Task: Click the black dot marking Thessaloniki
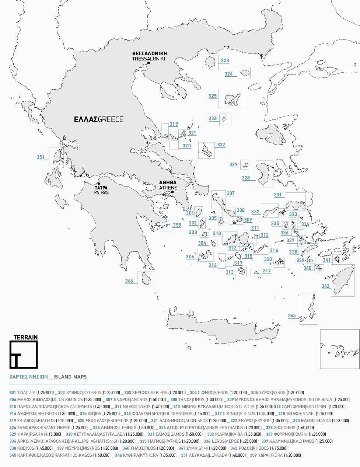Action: click(x=148, y=63)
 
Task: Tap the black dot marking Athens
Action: click(x=172, y=192)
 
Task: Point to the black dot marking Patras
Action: click(x=99, y=183)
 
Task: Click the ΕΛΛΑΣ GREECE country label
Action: click(x=98, y=119)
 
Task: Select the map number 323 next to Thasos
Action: click(x=225, y=61)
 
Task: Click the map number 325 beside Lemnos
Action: click(x=213, y=96)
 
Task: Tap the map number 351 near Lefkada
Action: click(x=41, y=157)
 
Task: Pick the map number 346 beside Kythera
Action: click(x=129, y=281)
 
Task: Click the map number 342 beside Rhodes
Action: click(x=325, y=286)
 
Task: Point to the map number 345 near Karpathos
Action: click(x=292, y=316)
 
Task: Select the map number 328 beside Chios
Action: click(x=246, y=178)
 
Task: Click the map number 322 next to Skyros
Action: click(x=221, y=145)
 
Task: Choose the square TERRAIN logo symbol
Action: click(x=24, y=355)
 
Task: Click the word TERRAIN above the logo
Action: click(x=25, y=337)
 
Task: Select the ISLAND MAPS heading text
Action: click(x=70, y=377)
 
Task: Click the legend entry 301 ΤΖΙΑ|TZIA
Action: click(x=31, y=393)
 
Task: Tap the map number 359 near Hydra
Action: click(x=177, y=225)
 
